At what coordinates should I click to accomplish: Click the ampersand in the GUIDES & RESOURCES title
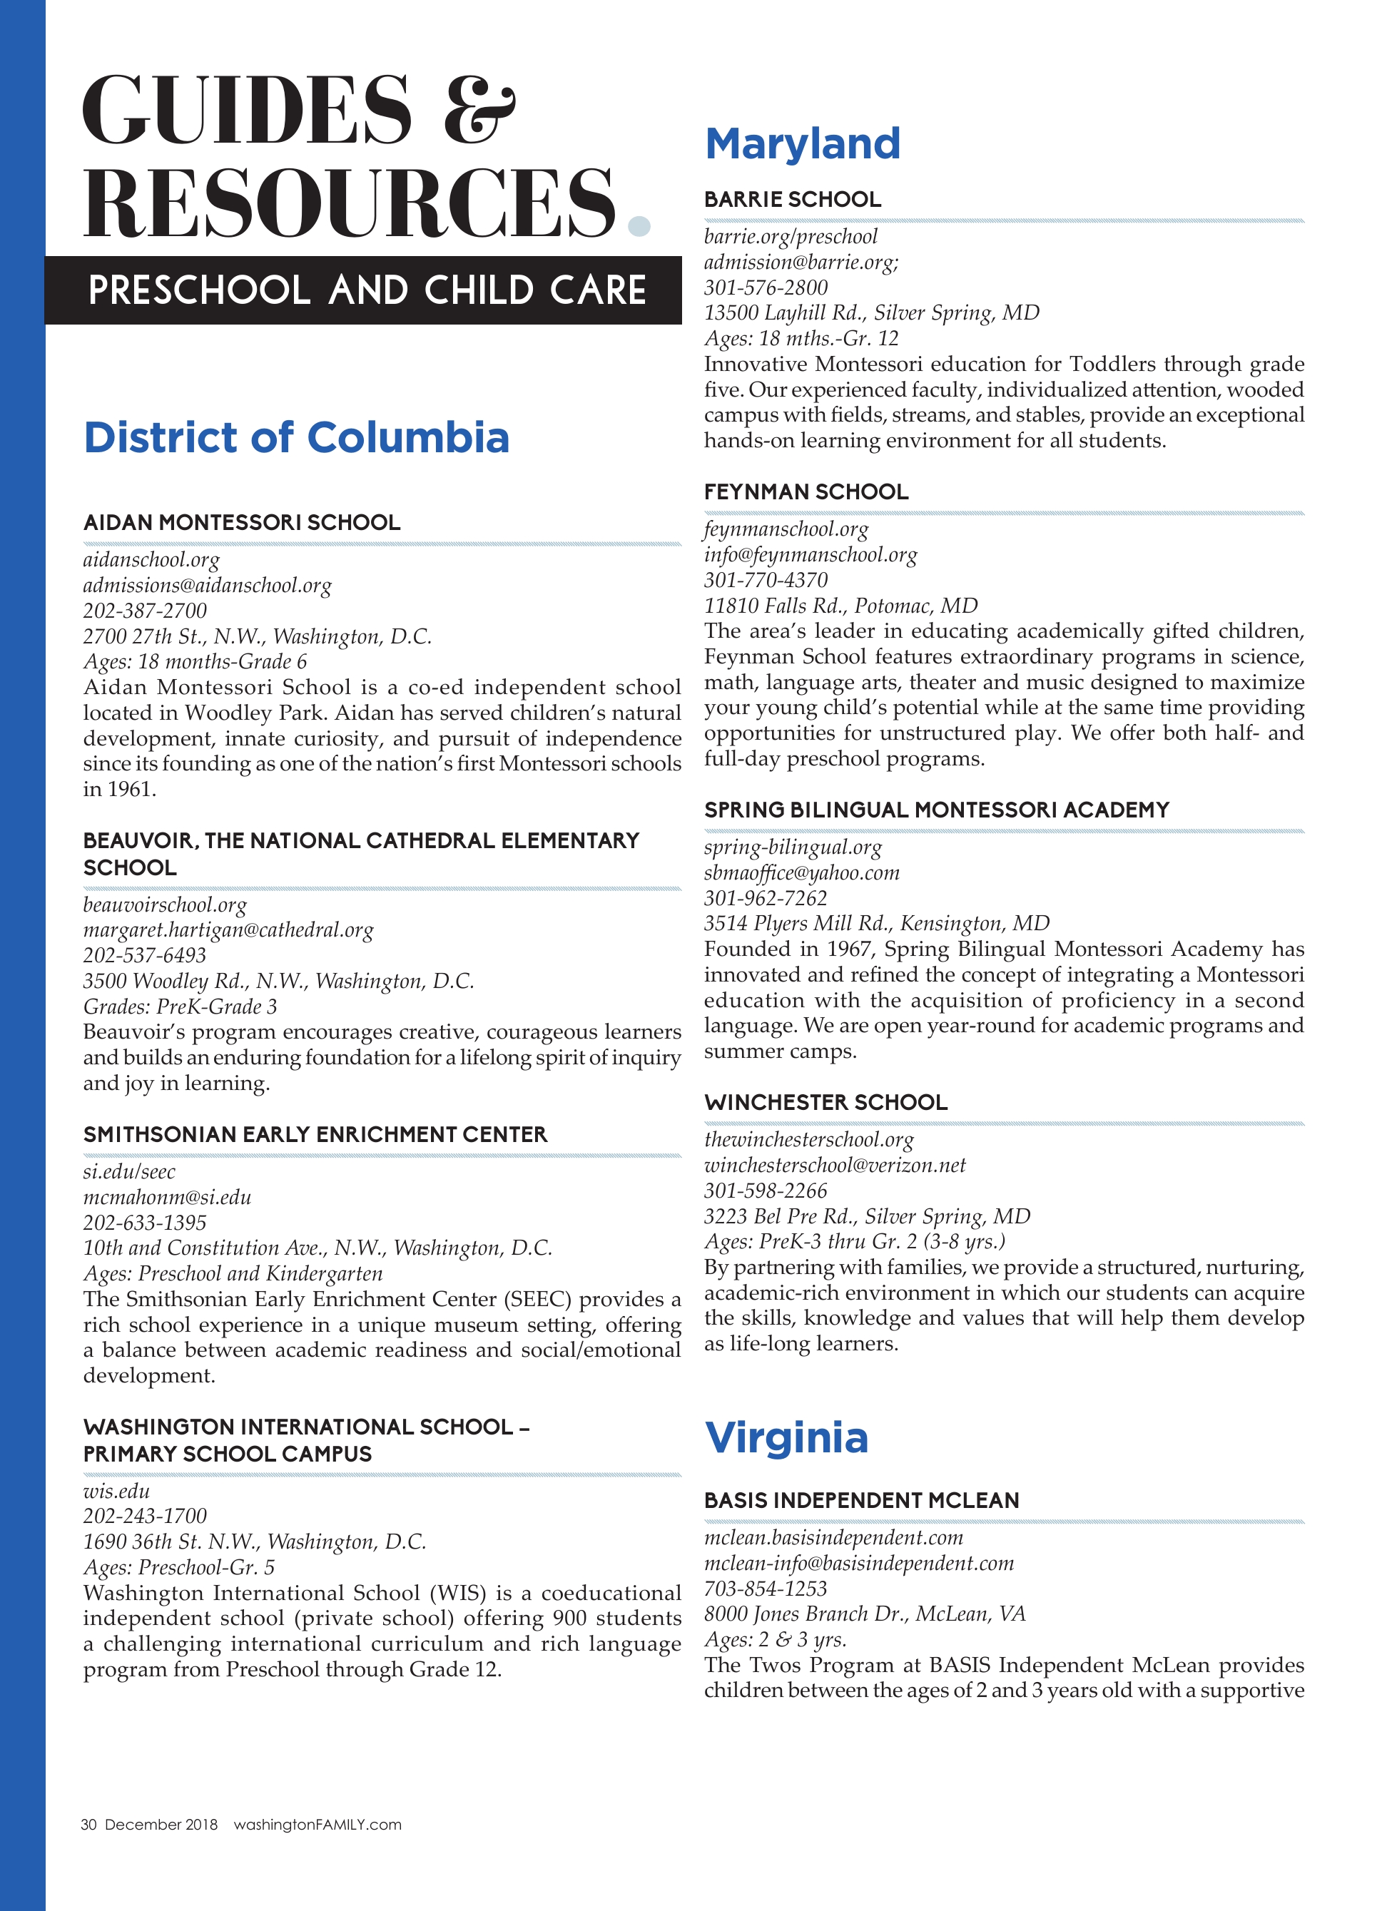coord(479,110)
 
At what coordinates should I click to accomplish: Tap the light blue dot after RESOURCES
coord(639,226)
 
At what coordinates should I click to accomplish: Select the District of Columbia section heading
coord(296,438)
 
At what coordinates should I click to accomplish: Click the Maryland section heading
coord(802,144)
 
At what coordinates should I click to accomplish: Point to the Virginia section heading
coord(786,1438)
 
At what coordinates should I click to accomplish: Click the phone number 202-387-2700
coord(144,611)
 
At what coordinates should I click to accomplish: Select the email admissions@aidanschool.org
coord(208,586)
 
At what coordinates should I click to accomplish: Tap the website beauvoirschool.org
coord(165,905)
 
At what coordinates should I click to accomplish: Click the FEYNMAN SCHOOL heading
coord(806,492)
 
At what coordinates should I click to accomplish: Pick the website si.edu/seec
coord(129,1172)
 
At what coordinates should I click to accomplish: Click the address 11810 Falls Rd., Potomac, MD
coord(840,606)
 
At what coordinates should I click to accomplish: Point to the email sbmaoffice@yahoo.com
coord(801,873)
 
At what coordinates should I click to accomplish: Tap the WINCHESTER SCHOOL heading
coord(825,1103)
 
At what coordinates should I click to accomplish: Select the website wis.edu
coord(116,1492)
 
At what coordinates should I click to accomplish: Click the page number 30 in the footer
coord(88,1825)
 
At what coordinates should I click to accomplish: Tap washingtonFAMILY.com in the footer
coord(317,1825)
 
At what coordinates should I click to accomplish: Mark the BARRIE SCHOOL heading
coord(792,200)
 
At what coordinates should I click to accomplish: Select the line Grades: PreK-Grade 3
coord(180,1007)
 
